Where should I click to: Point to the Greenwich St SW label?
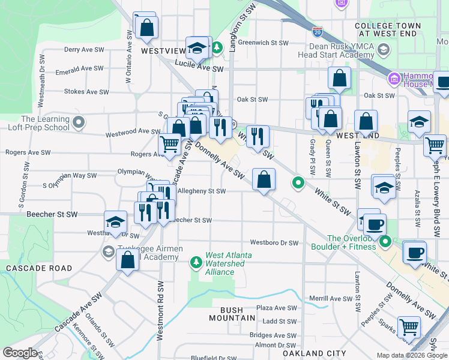click(x=263, y=43)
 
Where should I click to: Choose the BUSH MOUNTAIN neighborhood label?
click(x=227, y=314)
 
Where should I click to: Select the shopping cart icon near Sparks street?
click(x=409, y=328)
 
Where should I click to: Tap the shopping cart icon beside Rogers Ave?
click(x=170, y=144)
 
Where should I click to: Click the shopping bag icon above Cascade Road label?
click(x=127, y=260)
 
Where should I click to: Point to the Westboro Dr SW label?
click(x=274, y=243)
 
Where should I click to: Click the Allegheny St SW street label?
click(x=202, y=191)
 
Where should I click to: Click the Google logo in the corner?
click(x=20, y=353)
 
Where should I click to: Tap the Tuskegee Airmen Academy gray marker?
click(x=109, y=251)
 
